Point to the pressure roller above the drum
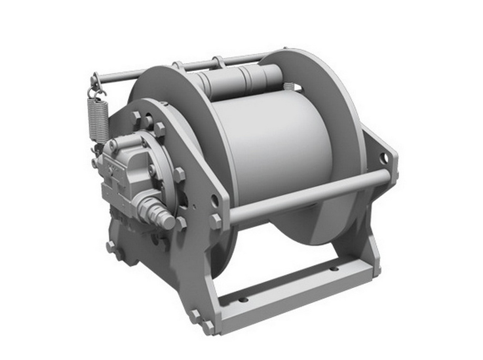[241, 80]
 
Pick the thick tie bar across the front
[309, 195]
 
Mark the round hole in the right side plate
[384, 158]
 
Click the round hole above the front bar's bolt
[214, 198]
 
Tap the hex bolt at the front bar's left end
[216, 222]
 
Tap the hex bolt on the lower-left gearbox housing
[111, 246]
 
